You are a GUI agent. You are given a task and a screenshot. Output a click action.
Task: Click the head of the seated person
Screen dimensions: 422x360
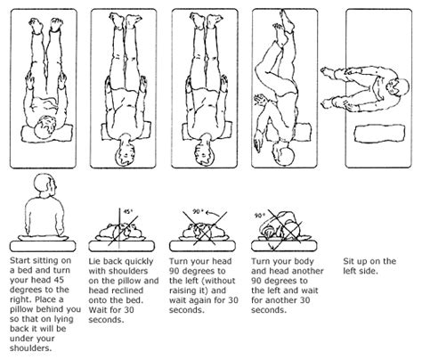[x=45, y=184]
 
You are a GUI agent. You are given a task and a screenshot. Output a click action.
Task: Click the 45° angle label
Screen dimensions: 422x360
[x=128, y=211]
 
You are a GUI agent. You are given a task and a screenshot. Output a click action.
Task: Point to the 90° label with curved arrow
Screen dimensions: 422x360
[x=198, y=211]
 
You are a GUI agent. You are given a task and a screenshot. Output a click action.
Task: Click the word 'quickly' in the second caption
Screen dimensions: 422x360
[x=139, y=261]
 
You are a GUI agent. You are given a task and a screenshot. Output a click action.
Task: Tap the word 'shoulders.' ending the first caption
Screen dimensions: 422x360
[x=30, y=348]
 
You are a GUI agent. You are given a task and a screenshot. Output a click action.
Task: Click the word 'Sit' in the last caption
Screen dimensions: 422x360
[x=348, y=261]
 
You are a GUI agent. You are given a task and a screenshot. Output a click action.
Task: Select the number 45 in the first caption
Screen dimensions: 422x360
[x=58, y=280]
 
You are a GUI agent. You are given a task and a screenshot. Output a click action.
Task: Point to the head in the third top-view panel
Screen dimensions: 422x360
[x=204, y=151]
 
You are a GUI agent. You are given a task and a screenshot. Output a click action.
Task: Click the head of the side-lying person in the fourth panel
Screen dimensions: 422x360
[x=283, y=154]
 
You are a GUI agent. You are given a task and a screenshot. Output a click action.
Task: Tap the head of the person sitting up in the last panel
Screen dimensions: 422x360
[x=399, y=87]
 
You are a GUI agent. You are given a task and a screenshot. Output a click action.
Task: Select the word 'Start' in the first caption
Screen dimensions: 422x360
[x=20, y=260]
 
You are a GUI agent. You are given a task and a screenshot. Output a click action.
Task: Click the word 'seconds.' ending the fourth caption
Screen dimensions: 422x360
[x=269, y=310]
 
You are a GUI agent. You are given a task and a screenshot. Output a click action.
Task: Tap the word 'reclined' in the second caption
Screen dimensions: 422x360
[x=129, y=290]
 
